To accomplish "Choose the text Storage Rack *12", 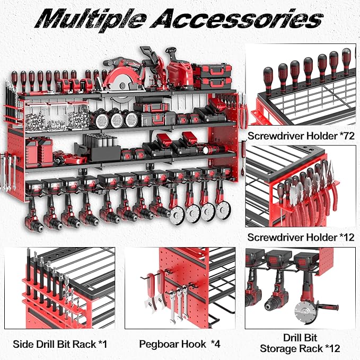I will point(300,348).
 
